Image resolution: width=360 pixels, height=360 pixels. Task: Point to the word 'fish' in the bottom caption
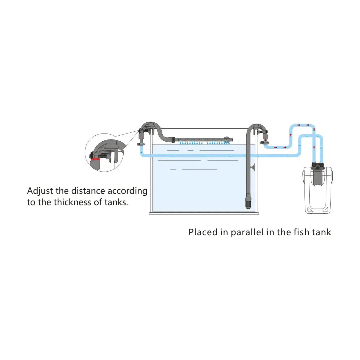point(301,232)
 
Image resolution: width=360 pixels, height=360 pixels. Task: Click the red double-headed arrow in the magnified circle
point(96,159)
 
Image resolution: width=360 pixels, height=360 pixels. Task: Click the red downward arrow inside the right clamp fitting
point(265,140)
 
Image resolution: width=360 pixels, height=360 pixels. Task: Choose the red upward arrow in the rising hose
point(291,135)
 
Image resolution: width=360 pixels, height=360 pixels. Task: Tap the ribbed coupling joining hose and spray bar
point(172,140)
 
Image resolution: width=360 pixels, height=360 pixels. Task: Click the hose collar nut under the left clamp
point(141,144)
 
